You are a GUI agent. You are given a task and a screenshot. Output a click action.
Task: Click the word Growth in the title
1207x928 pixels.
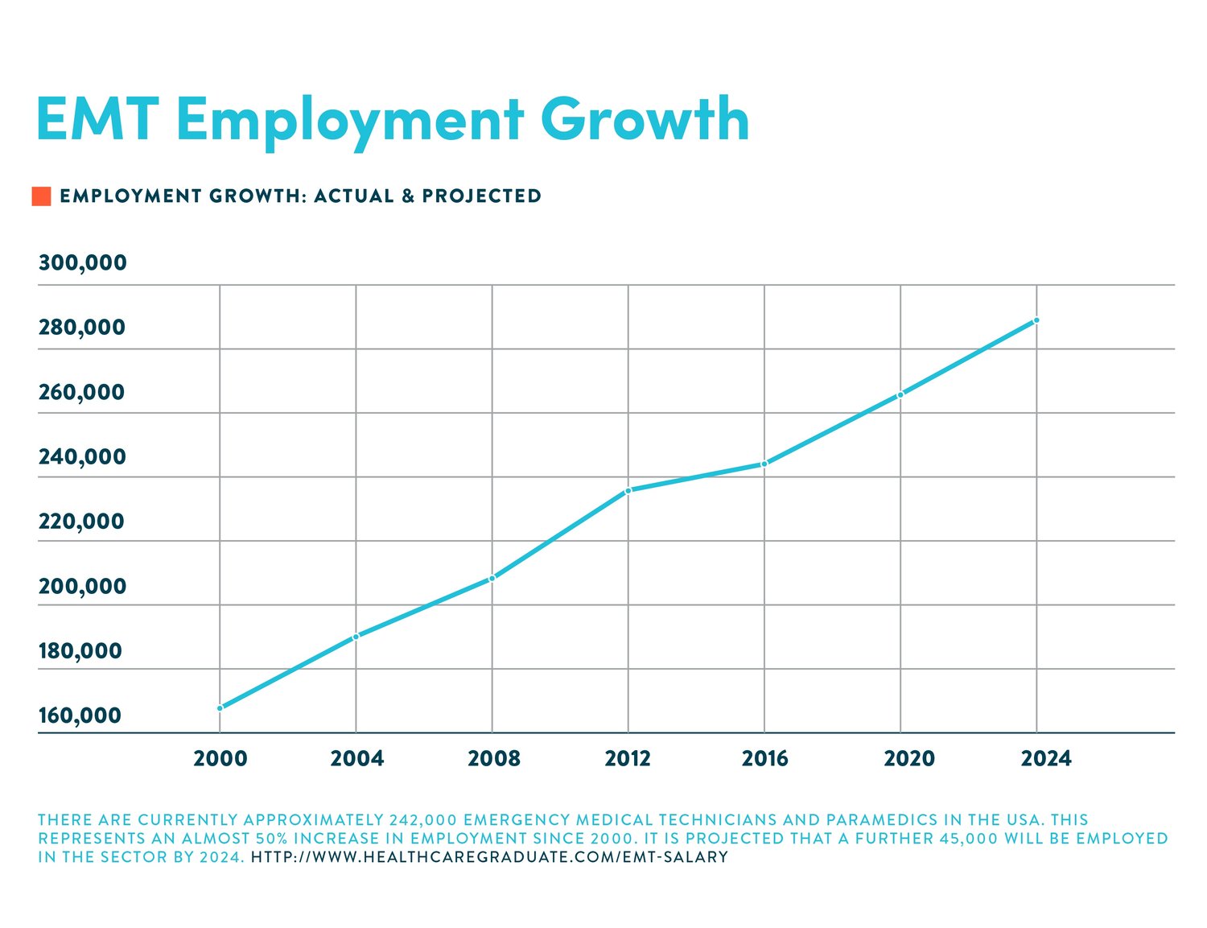tap(650, 119)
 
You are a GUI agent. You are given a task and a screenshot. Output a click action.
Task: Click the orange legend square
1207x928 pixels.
tap(41, 196)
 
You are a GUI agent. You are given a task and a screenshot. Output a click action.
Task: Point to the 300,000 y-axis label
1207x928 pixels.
tap(82, 262)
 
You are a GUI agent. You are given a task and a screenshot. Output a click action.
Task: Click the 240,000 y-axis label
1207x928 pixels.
tap(82, 456)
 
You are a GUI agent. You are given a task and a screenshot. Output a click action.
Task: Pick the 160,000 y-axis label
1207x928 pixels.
tap(80, 715)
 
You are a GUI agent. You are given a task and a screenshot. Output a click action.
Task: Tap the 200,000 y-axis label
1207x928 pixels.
tap(82, 586)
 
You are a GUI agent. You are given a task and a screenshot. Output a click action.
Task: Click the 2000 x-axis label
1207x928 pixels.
tap(220, 758)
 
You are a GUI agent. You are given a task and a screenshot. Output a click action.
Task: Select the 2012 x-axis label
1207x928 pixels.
tap(628, 758)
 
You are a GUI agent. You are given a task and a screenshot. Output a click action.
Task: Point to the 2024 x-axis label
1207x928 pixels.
tap(1045, 758)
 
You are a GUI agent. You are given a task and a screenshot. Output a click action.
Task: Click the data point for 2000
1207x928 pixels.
tap(220, 708)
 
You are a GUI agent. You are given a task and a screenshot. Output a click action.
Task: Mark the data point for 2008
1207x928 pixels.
tap(492, 578)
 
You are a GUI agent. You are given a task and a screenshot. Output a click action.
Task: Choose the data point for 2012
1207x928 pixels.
tap(628, 490)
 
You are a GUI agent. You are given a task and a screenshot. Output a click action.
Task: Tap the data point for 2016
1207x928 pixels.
tap(764, 464)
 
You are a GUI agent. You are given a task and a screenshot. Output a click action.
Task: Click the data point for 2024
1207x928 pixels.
tap(1036, 320)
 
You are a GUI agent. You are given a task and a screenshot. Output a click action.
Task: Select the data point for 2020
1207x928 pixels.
tap(900, 394)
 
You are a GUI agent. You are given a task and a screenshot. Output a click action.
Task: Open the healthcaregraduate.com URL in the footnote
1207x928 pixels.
tap(489, 857)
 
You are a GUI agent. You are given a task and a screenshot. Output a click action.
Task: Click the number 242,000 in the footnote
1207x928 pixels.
tap(423, 820)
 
